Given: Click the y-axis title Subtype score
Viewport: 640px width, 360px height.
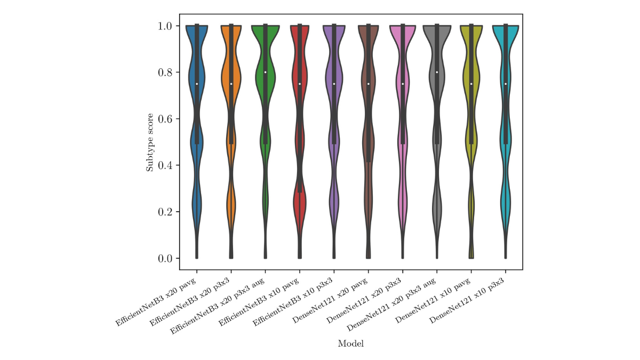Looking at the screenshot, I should click(x=150, y=142).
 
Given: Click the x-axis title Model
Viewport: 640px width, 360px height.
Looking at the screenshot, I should click(x=351, y=344).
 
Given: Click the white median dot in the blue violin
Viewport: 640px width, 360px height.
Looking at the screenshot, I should click(x=197, y=84).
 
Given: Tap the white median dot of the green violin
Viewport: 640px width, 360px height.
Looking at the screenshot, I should click(x=266, y=73).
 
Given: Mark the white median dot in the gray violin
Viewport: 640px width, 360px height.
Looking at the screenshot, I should click(x=437, y=73).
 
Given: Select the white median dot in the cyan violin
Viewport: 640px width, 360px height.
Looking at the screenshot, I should click(x=506, y=84).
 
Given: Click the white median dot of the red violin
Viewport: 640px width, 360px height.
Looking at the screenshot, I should click(x=300, y=84).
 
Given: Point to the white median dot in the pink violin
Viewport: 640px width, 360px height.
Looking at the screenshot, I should click(x=403, y=84).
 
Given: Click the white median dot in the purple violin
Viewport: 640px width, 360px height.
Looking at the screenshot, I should click(x=334, y=84).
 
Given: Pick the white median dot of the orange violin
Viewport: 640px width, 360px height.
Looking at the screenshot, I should click(x=231, y=84).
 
